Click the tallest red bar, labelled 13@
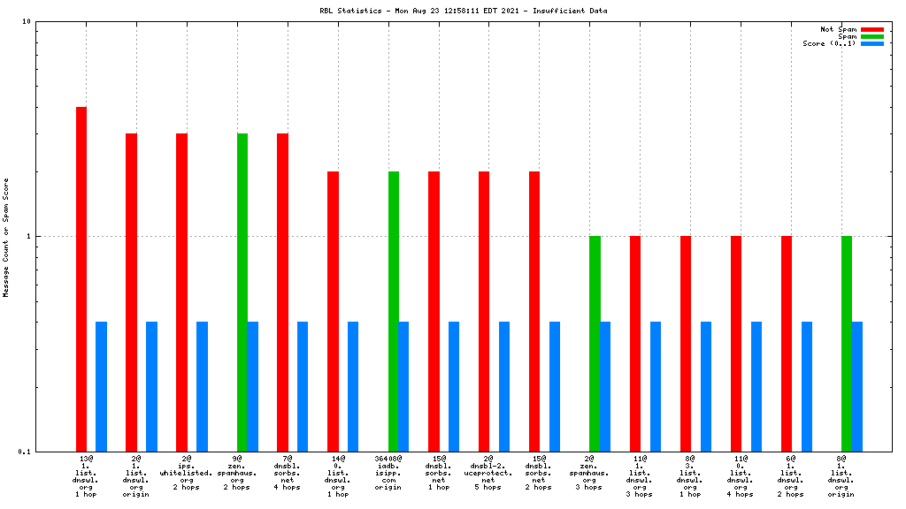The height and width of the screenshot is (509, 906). coord(81,278)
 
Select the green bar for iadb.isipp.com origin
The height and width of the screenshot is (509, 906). coord(393,311)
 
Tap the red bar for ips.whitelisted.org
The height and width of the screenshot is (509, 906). coord(181,292)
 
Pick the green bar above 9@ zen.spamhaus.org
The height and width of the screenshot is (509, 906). coord(242,292)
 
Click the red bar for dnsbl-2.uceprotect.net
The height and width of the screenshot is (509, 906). coord(484,311)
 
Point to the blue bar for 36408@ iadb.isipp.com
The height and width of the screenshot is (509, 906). coord(403,386)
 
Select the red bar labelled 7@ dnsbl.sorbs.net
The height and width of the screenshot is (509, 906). coord(282,292)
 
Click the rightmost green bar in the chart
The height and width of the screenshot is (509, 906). coord(847,344)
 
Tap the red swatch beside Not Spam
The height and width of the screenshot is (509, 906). coord(871,29)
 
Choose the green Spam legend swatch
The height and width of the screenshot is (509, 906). coord(871,36)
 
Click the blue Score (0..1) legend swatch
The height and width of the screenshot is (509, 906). coord(871,43)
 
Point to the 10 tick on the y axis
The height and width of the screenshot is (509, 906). coord(27,22)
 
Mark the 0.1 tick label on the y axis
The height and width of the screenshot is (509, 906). coord(24,452)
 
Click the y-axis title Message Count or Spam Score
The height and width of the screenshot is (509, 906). coord(6,237)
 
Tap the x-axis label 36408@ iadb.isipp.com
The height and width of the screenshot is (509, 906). coord(388,473)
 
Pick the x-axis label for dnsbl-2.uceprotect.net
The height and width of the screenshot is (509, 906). coord(488,473)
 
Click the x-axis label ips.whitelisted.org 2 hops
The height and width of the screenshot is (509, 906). coord(187,473)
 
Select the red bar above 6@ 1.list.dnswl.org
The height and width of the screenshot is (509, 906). coord(787,344)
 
